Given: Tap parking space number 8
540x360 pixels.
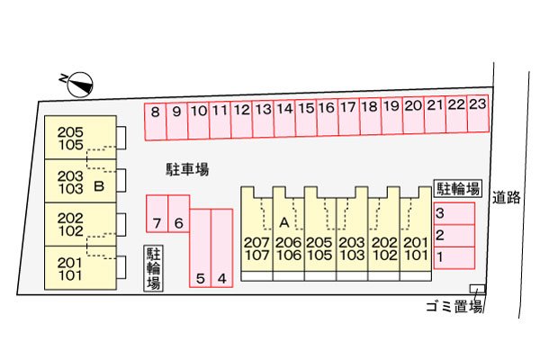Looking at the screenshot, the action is click(x=156, y=121).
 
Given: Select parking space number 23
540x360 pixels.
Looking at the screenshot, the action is click(x=478, y=113).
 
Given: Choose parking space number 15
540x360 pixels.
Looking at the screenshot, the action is click(x=306, y=118).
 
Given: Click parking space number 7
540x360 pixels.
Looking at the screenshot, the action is click(x=157, y=213).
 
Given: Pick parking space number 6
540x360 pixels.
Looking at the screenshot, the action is click(x=179, y=213).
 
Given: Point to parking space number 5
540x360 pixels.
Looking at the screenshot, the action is click(x=200, y=248).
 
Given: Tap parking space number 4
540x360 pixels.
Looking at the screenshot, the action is click(x=221, y=248).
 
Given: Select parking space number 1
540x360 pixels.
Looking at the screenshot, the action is click(x=454, y=257).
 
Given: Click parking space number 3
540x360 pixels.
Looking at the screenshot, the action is click(x=454, y=213).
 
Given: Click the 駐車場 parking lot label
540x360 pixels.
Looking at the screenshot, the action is click(x=187, y=169).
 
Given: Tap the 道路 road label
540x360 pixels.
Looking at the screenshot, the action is click(x=506, y=197).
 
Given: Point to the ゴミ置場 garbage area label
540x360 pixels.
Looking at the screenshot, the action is click(x=454, y=306).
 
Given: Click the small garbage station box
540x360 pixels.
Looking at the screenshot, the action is click(x=477, y=289).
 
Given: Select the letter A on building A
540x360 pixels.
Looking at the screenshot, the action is click(x=284, y=223).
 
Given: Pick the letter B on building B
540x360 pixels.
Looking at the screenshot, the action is click(x=99, y=186).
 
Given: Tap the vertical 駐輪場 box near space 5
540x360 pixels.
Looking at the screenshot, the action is click(x=153, y=268).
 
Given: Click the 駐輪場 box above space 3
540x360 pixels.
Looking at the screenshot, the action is click(x=458, y=188).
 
